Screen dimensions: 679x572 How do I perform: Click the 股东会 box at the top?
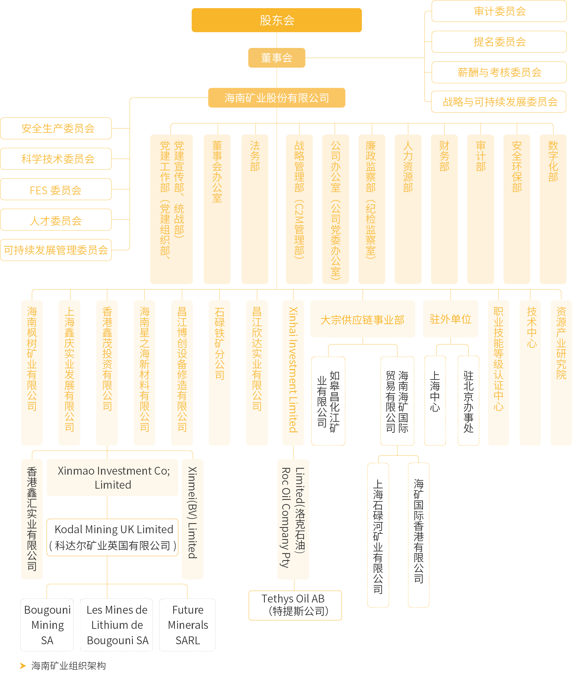pyautogui.click(x=277, y=20)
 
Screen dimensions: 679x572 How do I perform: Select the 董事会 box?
pyautogui.click(x=277, y=58)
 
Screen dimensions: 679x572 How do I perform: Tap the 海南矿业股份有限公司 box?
pyautogui.click(x=277, y=98)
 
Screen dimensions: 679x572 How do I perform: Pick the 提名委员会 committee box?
pyautogui.click(x=499, y=42)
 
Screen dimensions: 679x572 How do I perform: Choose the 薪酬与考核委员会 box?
pyautogui.click(x=499, y=72)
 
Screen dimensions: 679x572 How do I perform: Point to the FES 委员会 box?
pyautogui.click(x=56, y=190)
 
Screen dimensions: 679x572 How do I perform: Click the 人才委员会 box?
pyautogui.click(x=56, y=220)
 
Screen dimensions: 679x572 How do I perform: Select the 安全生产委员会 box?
pyautogui.click(x=56, y=128)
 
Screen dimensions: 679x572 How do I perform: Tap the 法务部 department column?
pyautogui.click(x=255, y=209)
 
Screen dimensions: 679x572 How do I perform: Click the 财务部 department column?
pyautogui.click(x=444, y=209)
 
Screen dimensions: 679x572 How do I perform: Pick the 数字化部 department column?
pyautogui.click(x=553, y=209)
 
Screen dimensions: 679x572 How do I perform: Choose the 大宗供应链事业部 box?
pyautogui.click(x=363, y=319)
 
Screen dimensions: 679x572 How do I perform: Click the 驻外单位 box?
pyautogui.click(x=450, y=319)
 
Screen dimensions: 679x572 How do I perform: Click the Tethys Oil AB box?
pyautogui.click(x=295, y=605)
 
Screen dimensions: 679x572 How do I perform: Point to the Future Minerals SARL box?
pyautogui.click(x=187, y=625)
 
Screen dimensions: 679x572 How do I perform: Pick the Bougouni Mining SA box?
pyautogui.click(x=47, y=625)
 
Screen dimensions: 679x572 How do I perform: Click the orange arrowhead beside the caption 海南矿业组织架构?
pyautogui.click(x=23, y=666)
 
